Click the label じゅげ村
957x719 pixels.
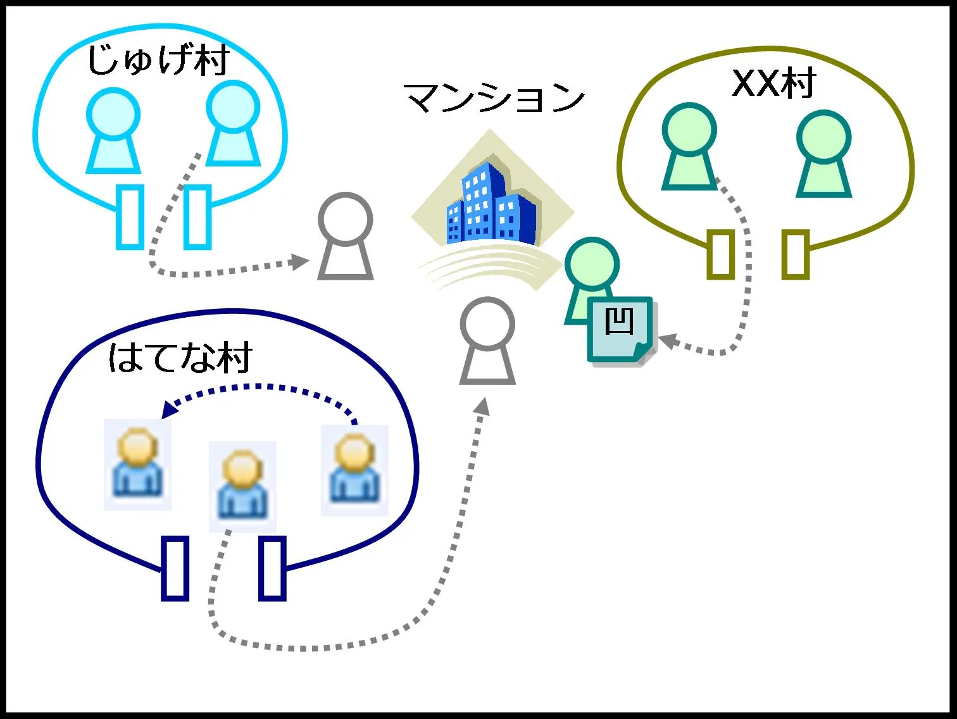(158, 61)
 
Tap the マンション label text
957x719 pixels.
(494, 98)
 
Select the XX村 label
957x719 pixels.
(773, 83)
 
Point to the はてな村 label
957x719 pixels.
(180, 358)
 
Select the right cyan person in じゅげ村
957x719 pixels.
(234, 123)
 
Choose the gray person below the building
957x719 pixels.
(487, 342)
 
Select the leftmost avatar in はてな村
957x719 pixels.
(137, 464)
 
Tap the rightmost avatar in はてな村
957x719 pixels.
(354, 470)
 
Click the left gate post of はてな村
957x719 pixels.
(175, 568)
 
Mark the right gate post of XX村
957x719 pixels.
(796, 254)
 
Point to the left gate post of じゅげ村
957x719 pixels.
(130, 216)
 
